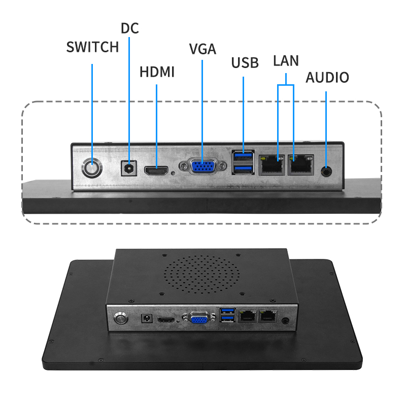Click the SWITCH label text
[92, 47]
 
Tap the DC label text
[129, 28]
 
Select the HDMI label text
[157, 72]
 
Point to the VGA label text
[202, 49]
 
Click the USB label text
[245, 63]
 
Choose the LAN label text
[286, 60]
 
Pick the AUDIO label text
[327, 78]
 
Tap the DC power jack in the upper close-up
[129, 168]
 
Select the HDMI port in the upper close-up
[157, 171]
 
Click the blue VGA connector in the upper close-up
[202, 166]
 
